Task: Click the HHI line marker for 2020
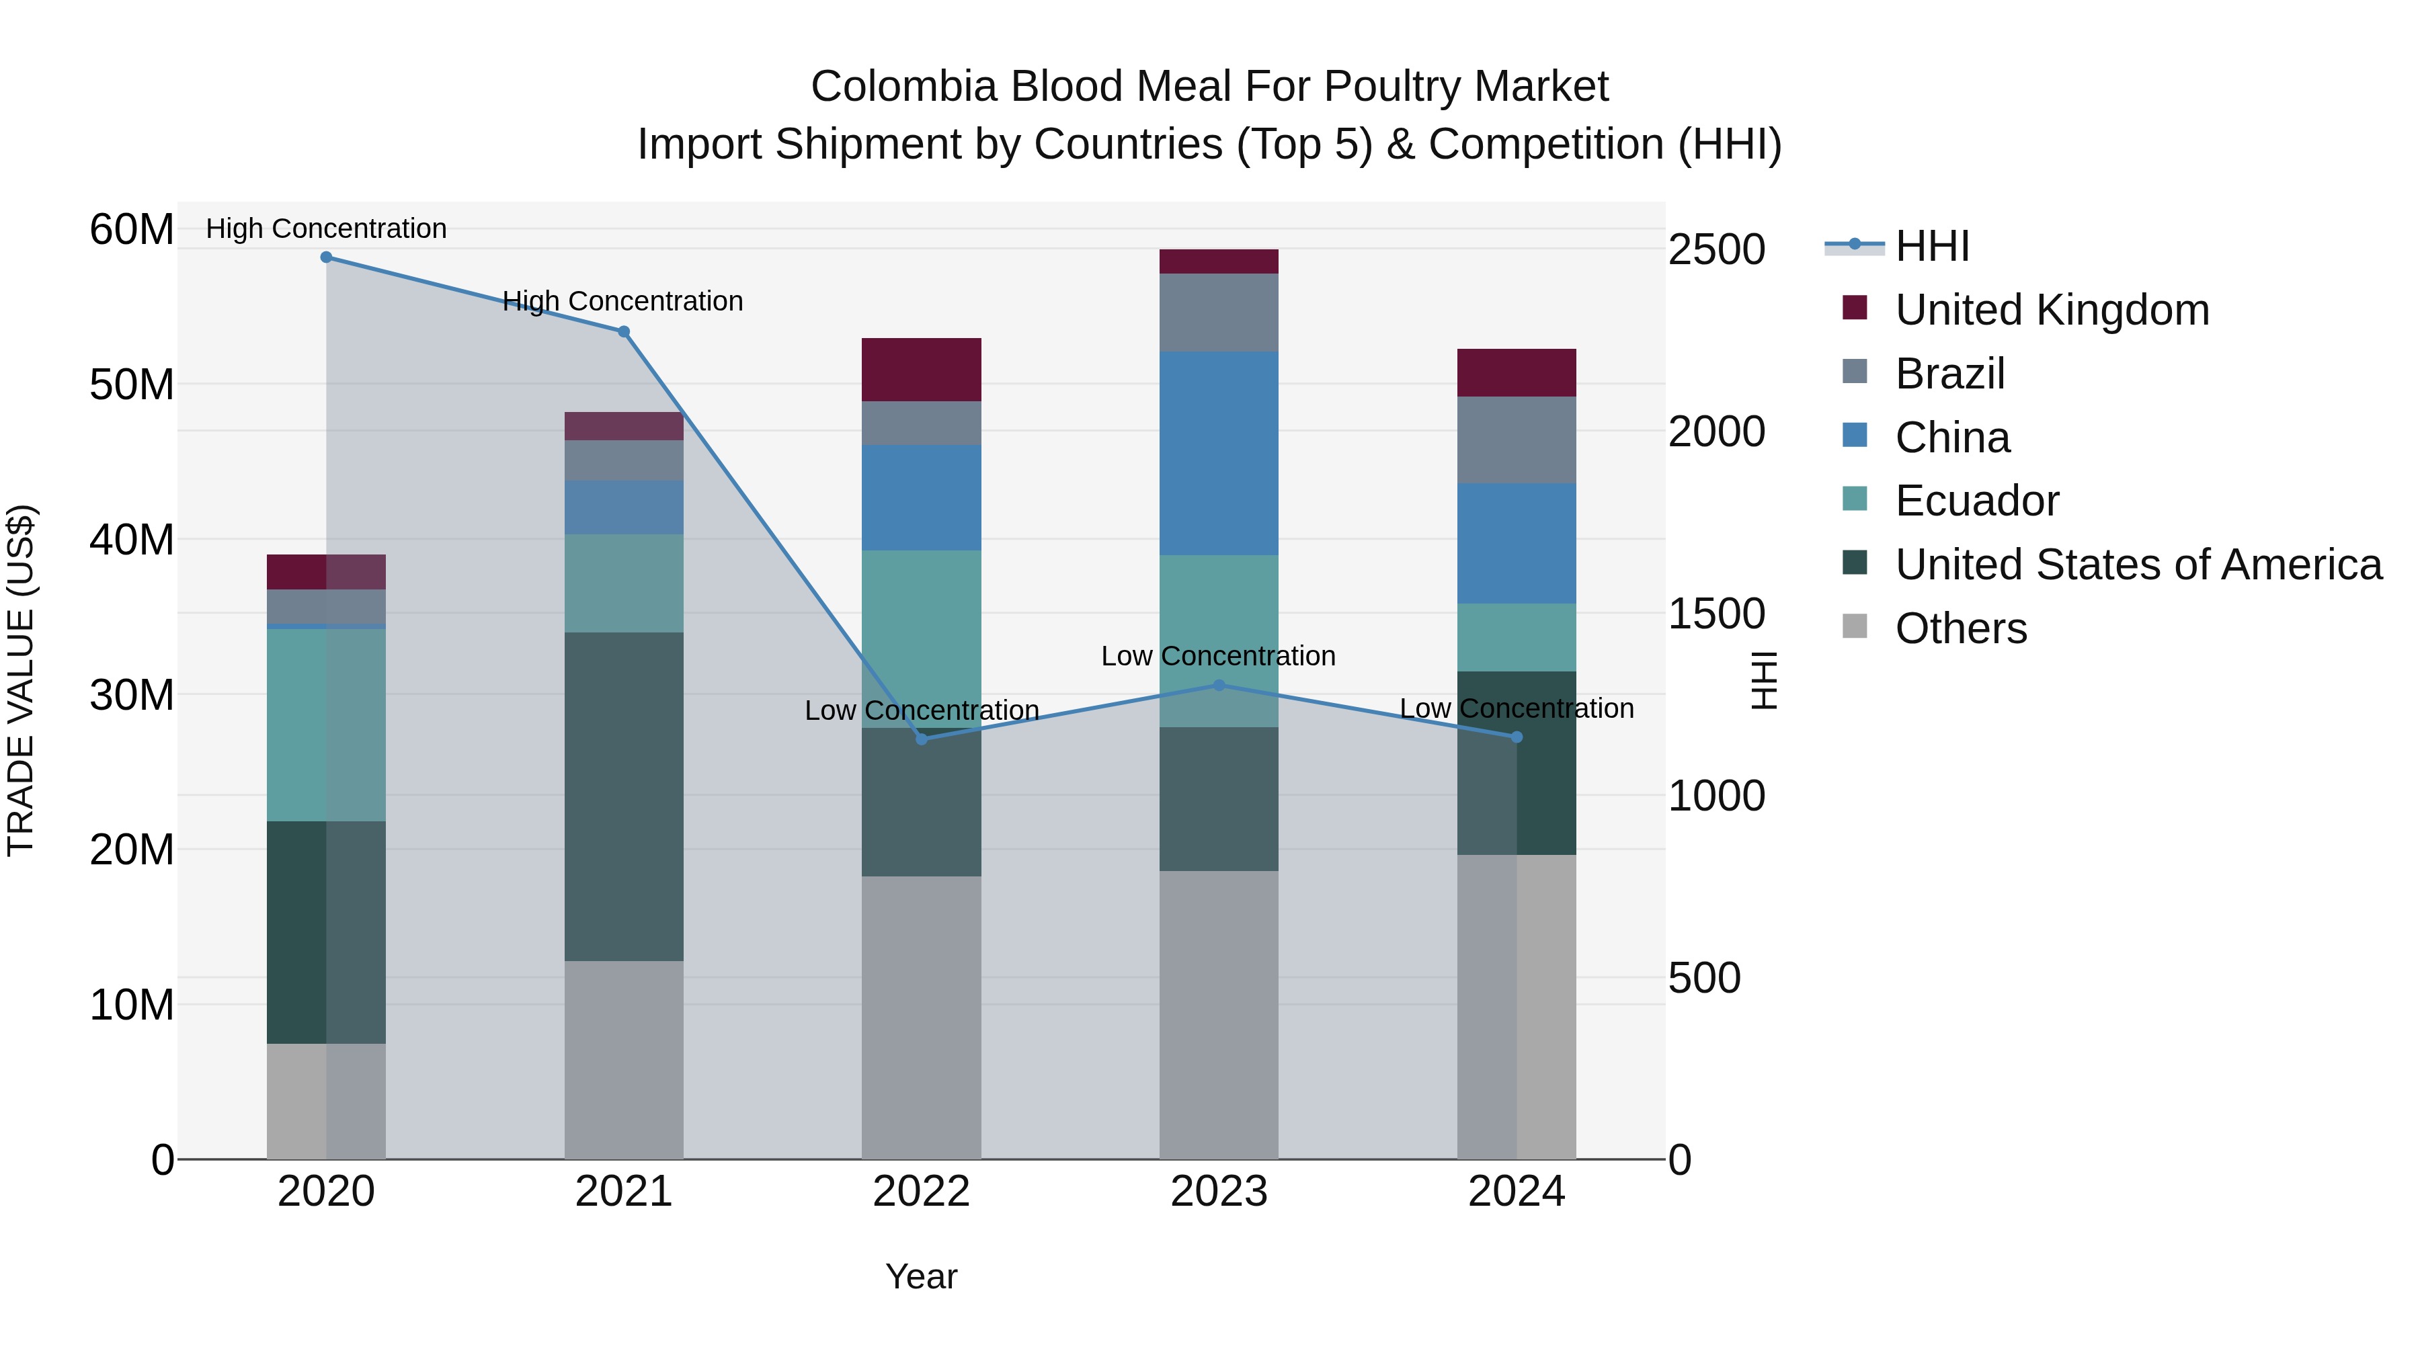(326, 257)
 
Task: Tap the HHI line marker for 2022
(922, 739)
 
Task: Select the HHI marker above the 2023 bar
(1219, 686)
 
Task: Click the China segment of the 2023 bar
(1219, 453)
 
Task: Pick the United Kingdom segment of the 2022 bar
(922, 369)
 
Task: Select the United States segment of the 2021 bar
(624, 796)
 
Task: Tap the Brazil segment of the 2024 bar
(1517, 440)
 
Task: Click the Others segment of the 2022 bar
(922, 1018)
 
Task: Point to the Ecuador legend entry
(1976, 501)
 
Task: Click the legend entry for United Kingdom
(2052, 310)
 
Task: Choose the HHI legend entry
(1931, 246)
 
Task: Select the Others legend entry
(1961, 628)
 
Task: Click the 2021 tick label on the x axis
(624, 1192)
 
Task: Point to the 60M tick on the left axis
(132, 229)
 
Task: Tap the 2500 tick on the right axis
(1716, 250)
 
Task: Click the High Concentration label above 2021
(623, 302)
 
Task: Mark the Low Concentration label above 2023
(1219, 655)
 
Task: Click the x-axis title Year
(922, 1276)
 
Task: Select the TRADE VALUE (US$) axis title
(21, 680)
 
